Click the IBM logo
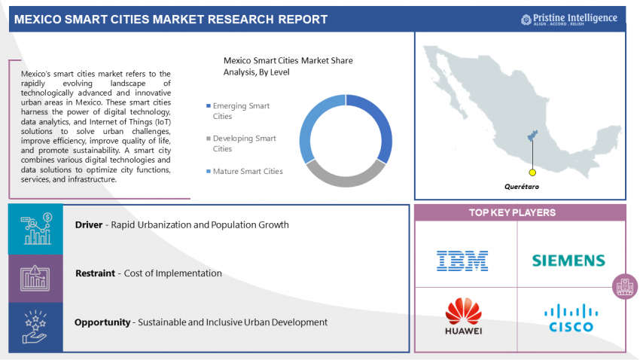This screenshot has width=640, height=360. click(x=462, y=261)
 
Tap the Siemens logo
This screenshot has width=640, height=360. click(x=568, y=261)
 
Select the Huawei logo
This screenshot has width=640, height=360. click(x=463, y=316)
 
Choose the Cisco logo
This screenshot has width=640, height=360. click(x=571, y=318)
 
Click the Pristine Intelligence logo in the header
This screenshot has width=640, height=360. click(x=569, y=19)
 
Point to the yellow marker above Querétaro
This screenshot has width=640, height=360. click(x=532, y=172)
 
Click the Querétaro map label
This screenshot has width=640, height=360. click(x=522, y=187)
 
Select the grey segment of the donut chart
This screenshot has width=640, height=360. click(x=346, y=176)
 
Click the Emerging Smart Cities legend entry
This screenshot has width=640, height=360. click(x=238, y=111)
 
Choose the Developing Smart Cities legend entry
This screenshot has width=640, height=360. click(x=241, y=144)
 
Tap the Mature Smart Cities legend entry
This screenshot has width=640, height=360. click(x=245, y=172)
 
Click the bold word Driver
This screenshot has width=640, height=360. click(x=89, y=225)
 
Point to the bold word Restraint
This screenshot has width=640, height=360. click(x=95, y=273)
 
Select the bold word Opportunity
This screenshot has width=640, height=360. click(x=102, y=322)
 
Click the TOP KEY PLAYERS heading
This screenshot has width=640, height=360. click(x=512, y=212)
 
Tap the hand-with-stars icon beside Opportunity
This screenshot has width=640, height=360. click(x=35, y=327)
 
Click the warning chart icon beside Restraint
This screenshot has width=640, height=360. click(x=35, y=279)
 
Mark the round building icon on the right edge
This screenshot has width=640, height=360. click(x=624, y=286)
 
